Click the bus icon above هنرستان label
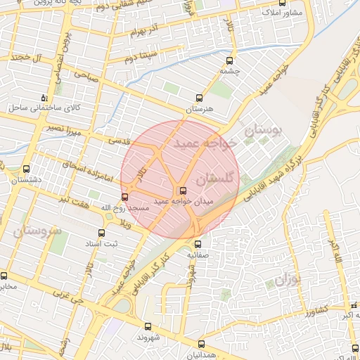199,99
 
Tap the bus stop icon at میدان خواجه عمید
184,190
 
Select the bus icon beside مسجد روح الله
125,197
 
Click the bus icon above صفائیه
197,244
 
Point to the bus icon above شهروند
148,326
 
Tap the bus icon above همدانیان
202,345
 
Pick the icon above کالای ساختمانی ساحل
45,98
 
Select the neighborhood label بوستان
262,131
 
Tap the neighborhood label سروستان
37,231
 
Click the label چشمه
230,71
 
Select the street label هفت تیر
75,201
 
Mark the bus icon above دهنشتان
26,169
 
